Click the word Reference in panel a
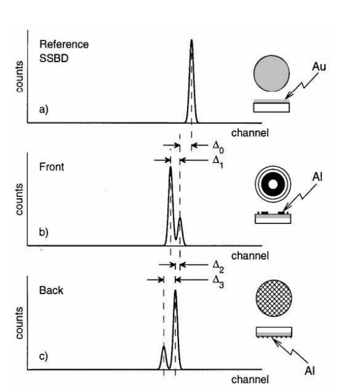[64, 44]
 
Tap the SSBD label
[54, 59]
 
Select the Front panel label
[51, 167]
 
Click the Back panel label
[51, 290]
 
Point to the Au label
[319, 66]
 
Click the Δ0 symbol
[218, 147]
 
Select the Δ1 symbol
[218, 162]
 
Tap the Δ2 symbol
[218, 266]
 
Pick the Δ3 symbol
[218, 281]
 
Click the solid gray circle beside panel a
[271, 74]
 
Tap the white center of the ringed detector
[273, 184]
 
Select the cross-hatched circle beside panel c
[274, 298]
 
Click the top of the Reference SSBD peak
[191, 40]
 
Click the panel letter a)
[44, 109]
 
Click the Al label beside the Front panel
[318, 177]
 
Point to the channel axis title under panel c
[250, 380]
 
